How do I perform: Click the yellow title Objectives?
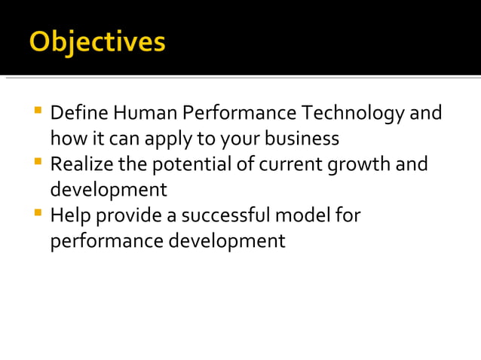pos(97,41)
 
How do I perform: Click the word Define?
pos(79,114)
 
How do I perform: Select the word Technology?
pos(353,114)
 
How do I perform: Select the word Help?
pos(69,216)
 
